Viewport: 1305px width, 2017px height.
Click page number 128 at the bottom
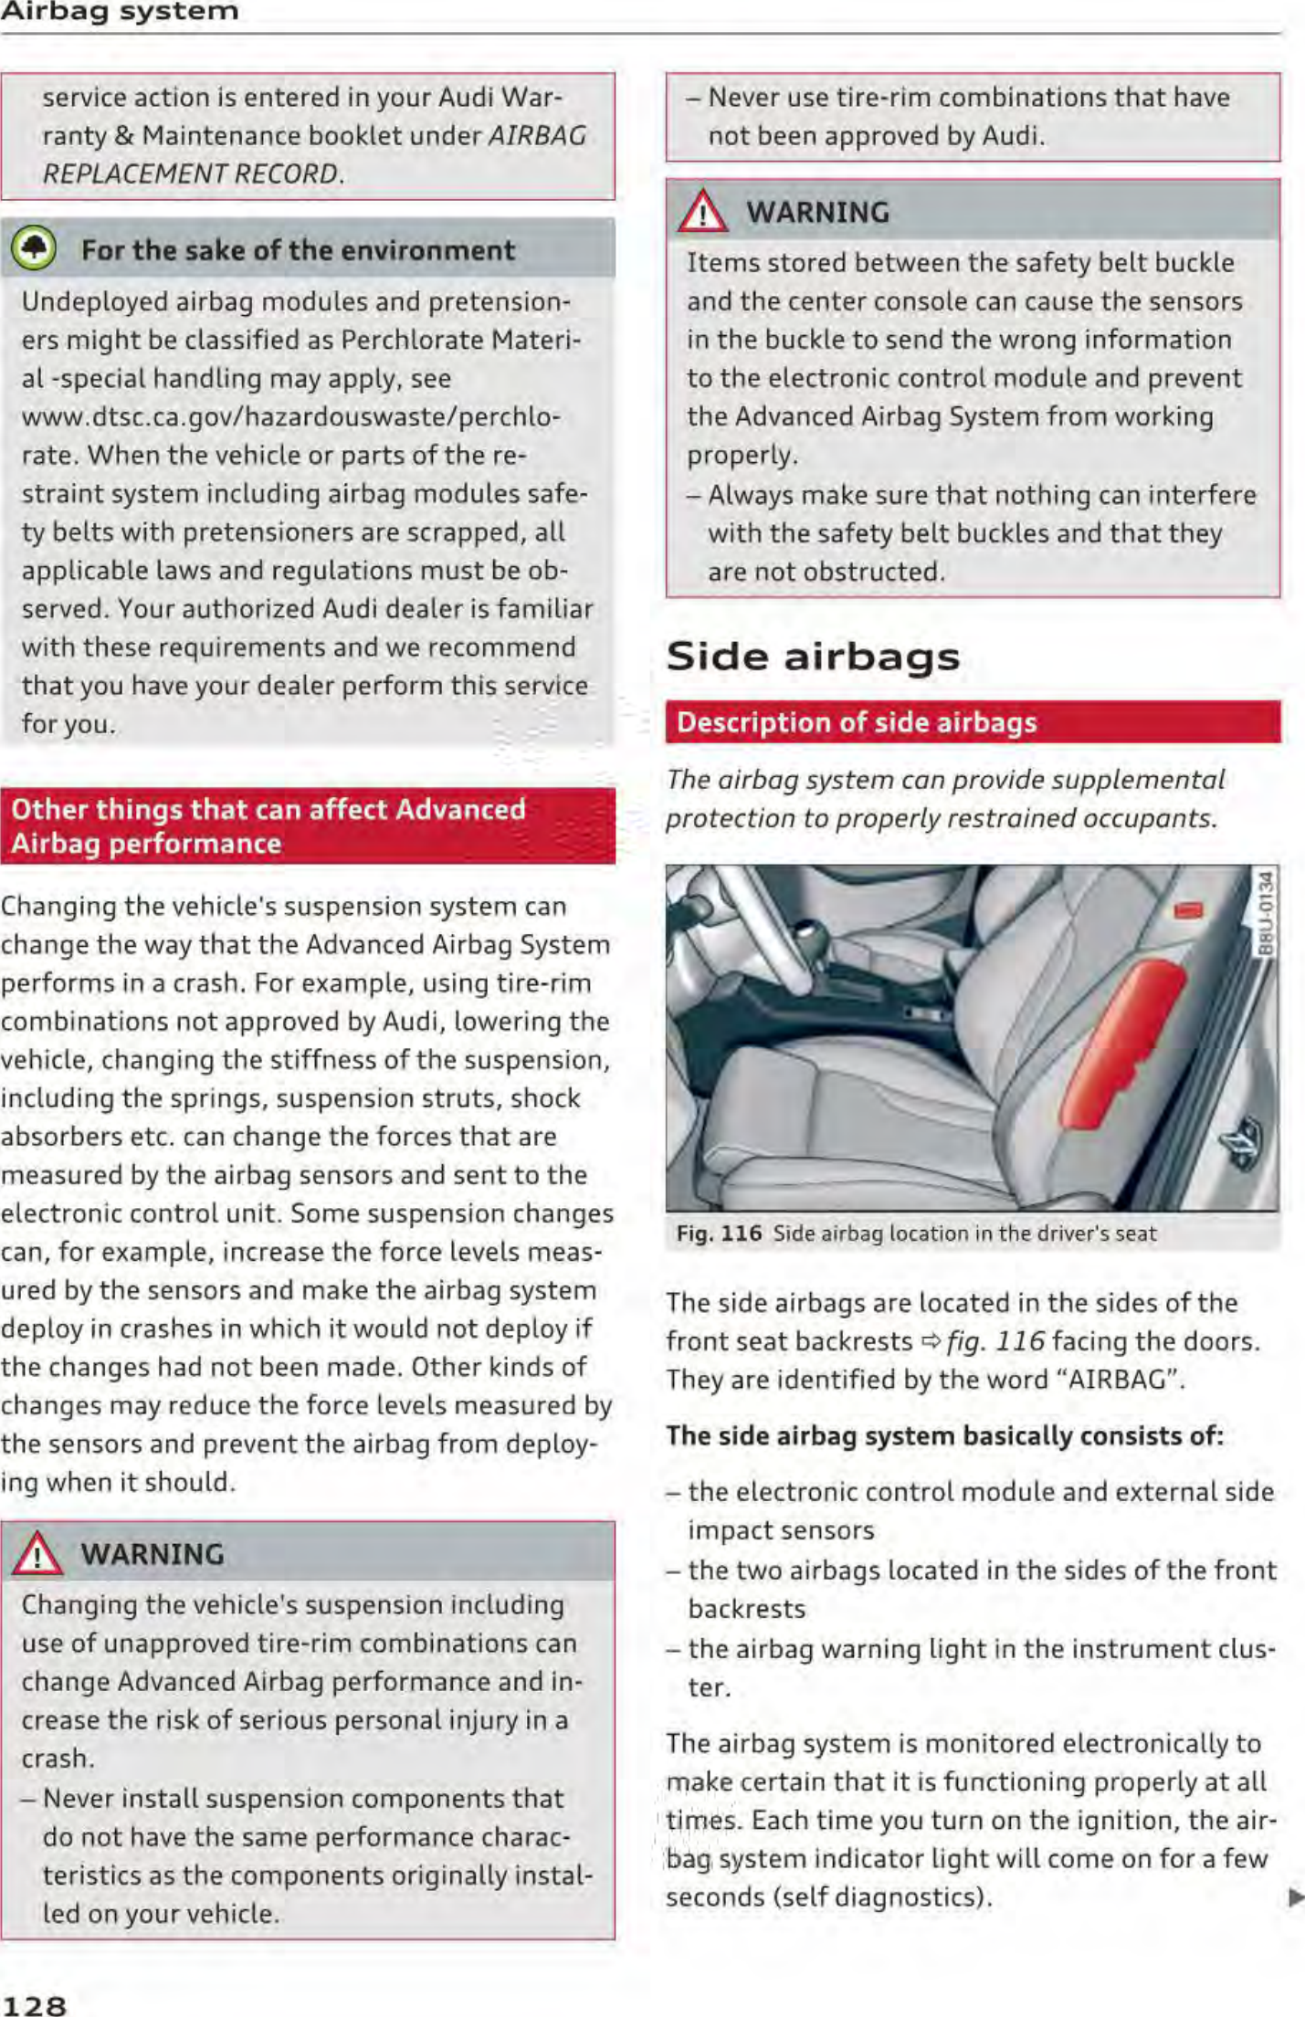click(34, 2005)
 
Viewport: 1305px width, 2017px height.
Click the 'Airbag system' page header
click(120, 11)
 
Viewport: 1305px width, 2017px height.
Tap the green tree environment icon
click(35, 248)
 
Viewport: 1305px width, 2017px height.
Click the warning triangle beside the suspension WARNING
click(37, 1554)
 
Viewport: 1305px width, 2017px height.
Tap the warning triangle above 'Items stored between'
click(702, 212)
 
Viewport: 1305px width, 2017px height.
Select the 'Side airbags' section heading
click(813, 656)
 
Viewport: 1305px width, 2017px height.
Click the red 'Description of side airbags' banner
click(973, 722)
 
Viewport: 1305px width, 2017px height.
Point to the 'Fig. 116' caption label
click(719, 1234)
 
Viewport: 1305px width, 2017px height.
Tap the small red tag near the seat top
click(1188, 909)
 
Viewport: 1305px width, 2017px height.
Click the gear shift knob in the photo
click(807, 934)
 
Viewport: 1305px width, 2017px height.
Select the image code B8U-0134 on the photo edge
click(1266, 913)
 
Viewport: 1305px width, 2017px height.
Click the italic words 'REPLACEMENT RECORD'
click(190, 173)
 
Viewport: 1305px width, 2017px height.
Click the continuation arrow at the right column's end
click(1294, 1897)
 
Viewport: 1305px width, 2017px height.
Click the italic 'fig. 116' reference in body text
click(995, 1340)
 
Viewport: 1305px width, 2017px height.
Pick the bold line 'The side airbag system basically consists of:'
click(944, 1436)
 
